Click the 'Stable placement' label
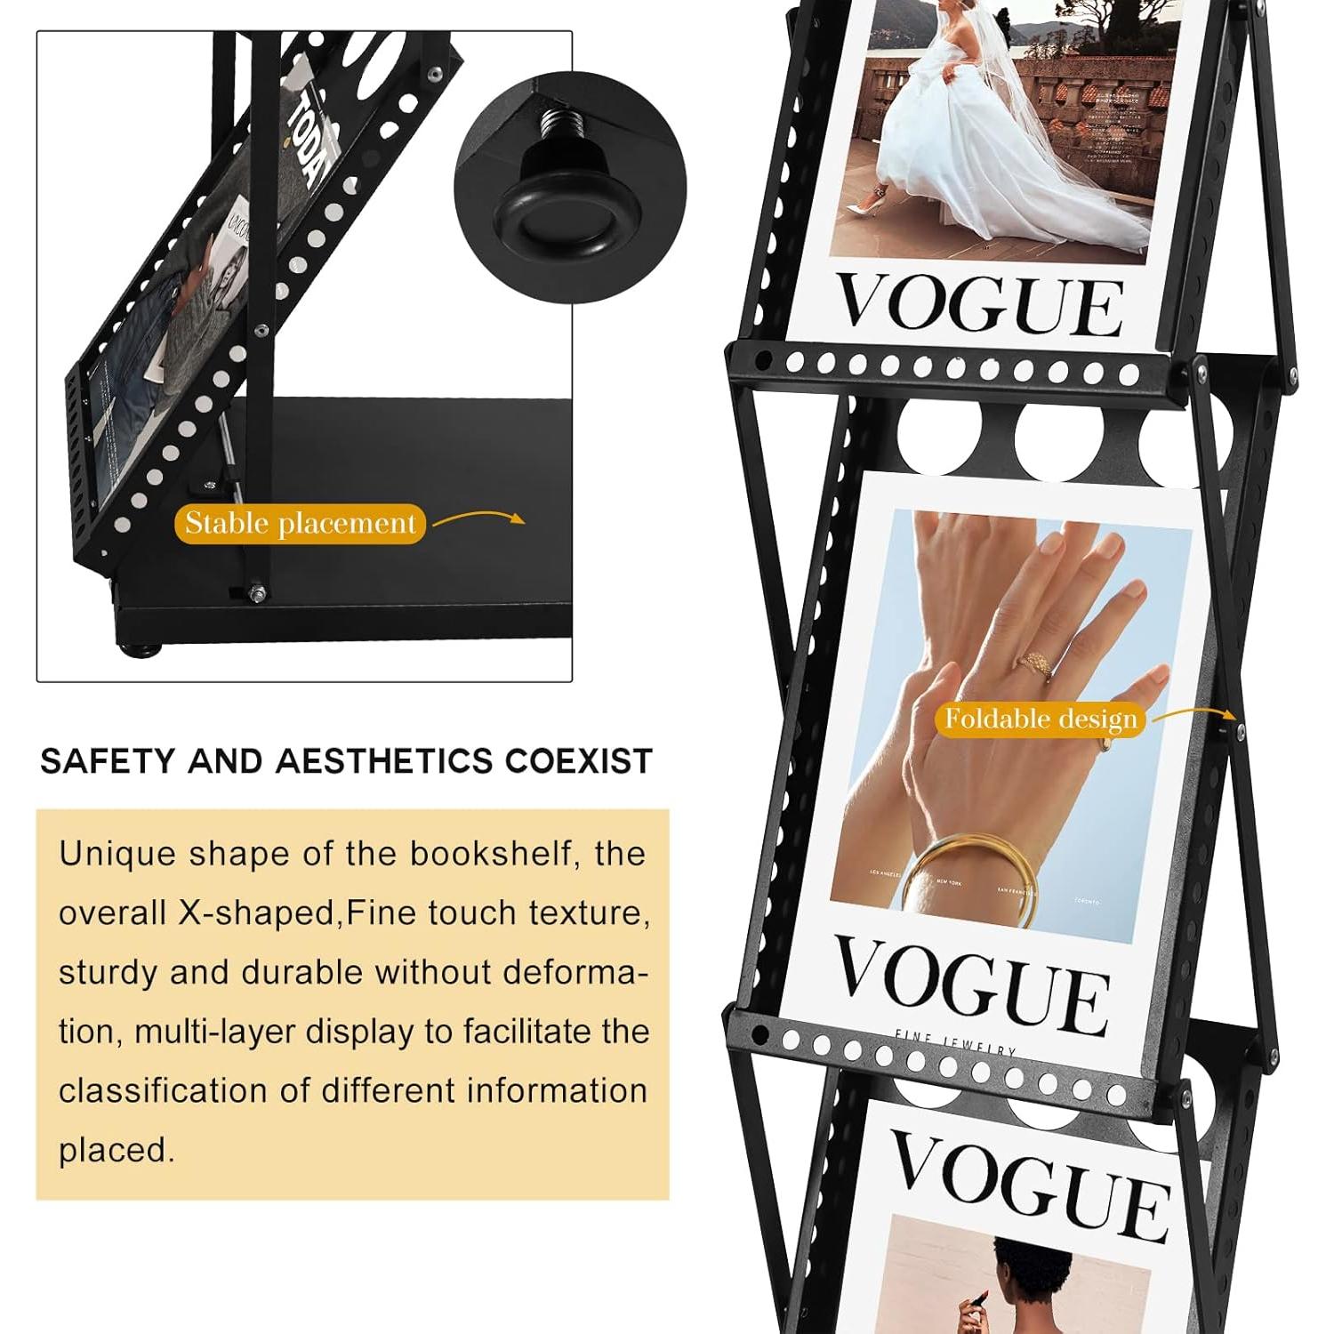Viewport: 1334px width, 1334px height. point(301,523)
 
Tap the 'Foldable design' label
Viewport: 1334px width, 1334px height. point(1041,719)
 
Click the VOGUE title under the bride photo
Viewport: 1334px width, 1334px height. point(980,304)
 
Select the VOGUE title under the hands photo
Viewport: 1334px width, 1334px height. point(971,982)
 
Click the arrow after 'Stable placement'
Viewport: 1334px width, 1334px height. point(480,518)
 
